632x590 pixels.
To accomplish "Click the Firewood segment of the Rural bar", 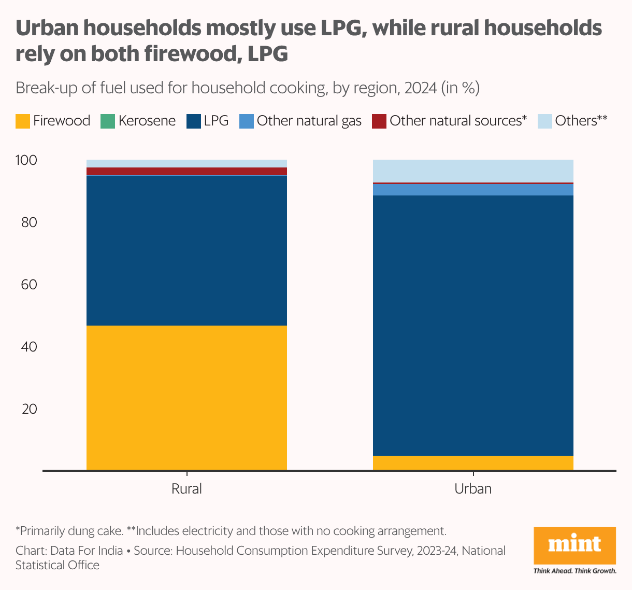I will (x=186, y=398).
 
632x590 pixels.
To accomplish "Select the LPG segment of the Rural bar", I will (x=186, y=250).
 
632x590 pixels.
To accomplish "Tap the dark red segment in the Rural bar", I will (x=186, y=171).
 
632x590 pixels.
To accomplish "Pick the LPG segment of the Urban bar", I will (x=473, y=325).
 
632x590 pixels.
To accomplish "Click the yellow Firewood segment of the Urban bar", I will (x=473, y=462).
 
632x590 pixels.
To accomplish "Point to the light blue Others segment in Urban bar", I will (x=473, y=171).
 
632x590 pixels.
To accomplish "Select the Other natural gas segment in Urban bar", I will (x=473, y=189).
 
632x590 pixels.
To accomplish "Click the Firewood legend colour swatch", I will (x=23, y=121).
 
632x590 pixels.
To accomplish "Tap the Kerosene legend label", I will (x=147, y=121).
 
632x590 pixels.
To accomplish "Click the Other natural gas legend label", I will (x=309, y=121).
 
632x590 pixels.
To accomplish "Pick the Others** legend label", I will (x=581, y=121).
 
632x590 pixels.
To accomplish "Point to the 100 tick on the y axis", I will (x=26, y=161).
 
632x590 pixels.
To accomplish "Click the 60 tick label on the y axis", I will (x=29, y=285).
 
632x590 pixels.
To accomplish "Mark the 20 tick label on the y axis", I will (x=29, y=409).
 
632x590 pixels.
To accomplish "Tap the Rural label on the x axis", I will (x=186, y=489).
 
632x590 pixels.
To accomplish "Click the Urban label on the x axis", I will (x=473, y=489).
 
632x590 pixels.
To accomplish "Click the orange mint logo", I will (x=574, y=546).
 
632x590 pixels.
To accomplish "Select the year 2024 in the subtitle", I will (x=420, y=88).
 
